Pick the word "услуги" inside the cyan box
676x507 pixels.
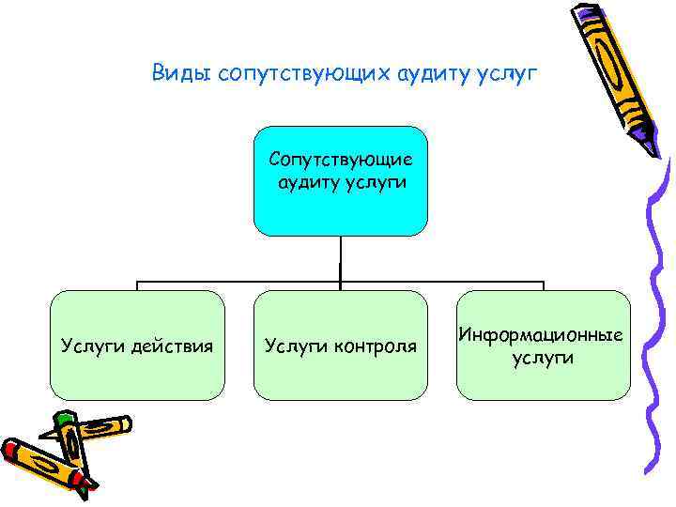tap(378, 181)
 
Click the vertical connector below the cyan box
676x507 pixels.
tap(340, 258)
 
